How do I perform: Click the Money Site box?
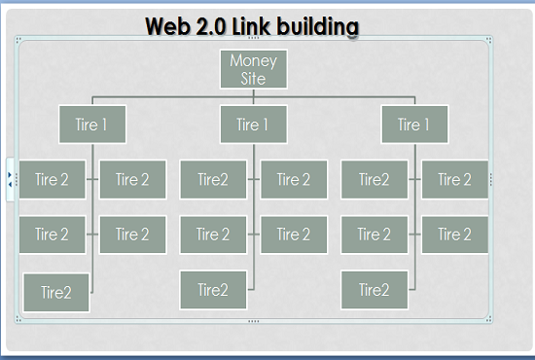(x=253, y=68)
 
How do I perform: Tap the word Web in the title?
(x=169, y=25)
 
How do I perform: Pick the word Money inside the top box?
(x=253, y=60)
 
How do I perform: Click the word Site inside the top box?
(x=253, y=78)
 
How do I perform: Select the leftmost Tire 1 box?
(x=91, y=125)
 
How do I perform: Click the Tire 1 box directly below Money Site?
(x=253, y=125)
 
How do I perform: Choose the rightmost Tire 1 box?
(x=414, y=125)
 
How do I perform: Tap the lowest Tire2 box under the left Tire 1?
(x=56, y=292)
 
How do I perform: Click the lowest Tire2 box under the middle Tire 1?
(x=213, y=290)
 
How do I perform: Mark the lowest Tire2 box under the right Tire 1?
(x=374, y=290)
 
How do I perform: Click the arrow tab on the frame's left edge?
(x=10, y=179)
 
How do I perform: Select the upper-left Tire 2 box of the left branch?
(x=53, y=179)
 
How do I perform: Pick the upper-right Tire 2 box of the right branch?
(x=454, y=179)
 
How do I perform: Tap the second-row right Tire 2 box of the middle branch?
(x=293, y=234)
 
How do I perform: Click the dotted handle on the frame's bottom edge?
(x=254, y=320)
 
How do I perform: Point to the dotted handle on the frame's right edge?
(x=491, y=179)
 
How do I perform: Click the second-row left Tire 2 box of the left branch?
(x=53, y=234)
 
